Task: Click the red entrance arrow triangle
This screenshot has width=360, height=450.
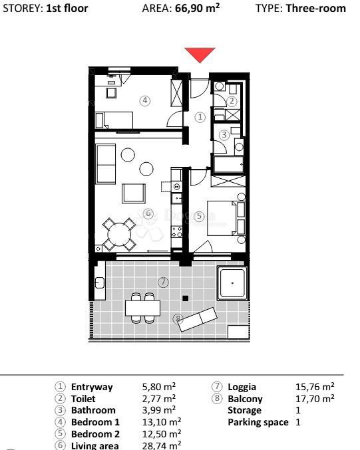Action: [200, 55]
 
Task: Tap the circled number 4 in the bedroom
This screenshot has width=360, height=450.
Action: [144, 100]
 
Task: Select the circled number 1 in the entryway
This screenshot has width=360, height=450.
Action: [200, 116]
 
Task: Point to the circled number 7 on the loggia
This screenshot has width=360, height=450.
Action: [164, 282]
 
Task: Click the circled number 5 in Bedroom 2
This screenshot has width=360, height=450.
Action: [198, 216]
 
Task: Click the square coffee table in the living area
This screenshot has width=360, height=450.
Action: [134, 193]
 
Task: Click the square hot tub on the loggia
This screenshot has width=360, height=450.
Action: [232, 283]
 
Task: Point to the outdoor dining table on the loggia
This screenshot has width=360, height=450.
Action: [142, 308]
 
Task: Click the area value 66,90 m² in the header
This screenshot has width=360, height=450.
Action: [197, 9]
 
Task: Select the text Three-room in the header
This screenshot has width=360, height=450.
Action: [315, 9]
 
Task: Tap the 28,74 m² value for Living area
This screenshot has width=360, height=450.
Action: [162, 446]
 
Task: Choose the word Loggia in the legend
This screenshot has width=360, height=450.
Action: [242, 386]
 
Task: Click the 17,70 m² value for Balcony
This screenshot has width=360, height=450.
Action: [315, 398]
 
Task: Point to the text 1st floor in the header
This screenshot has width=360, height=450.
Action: [67, 9]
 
